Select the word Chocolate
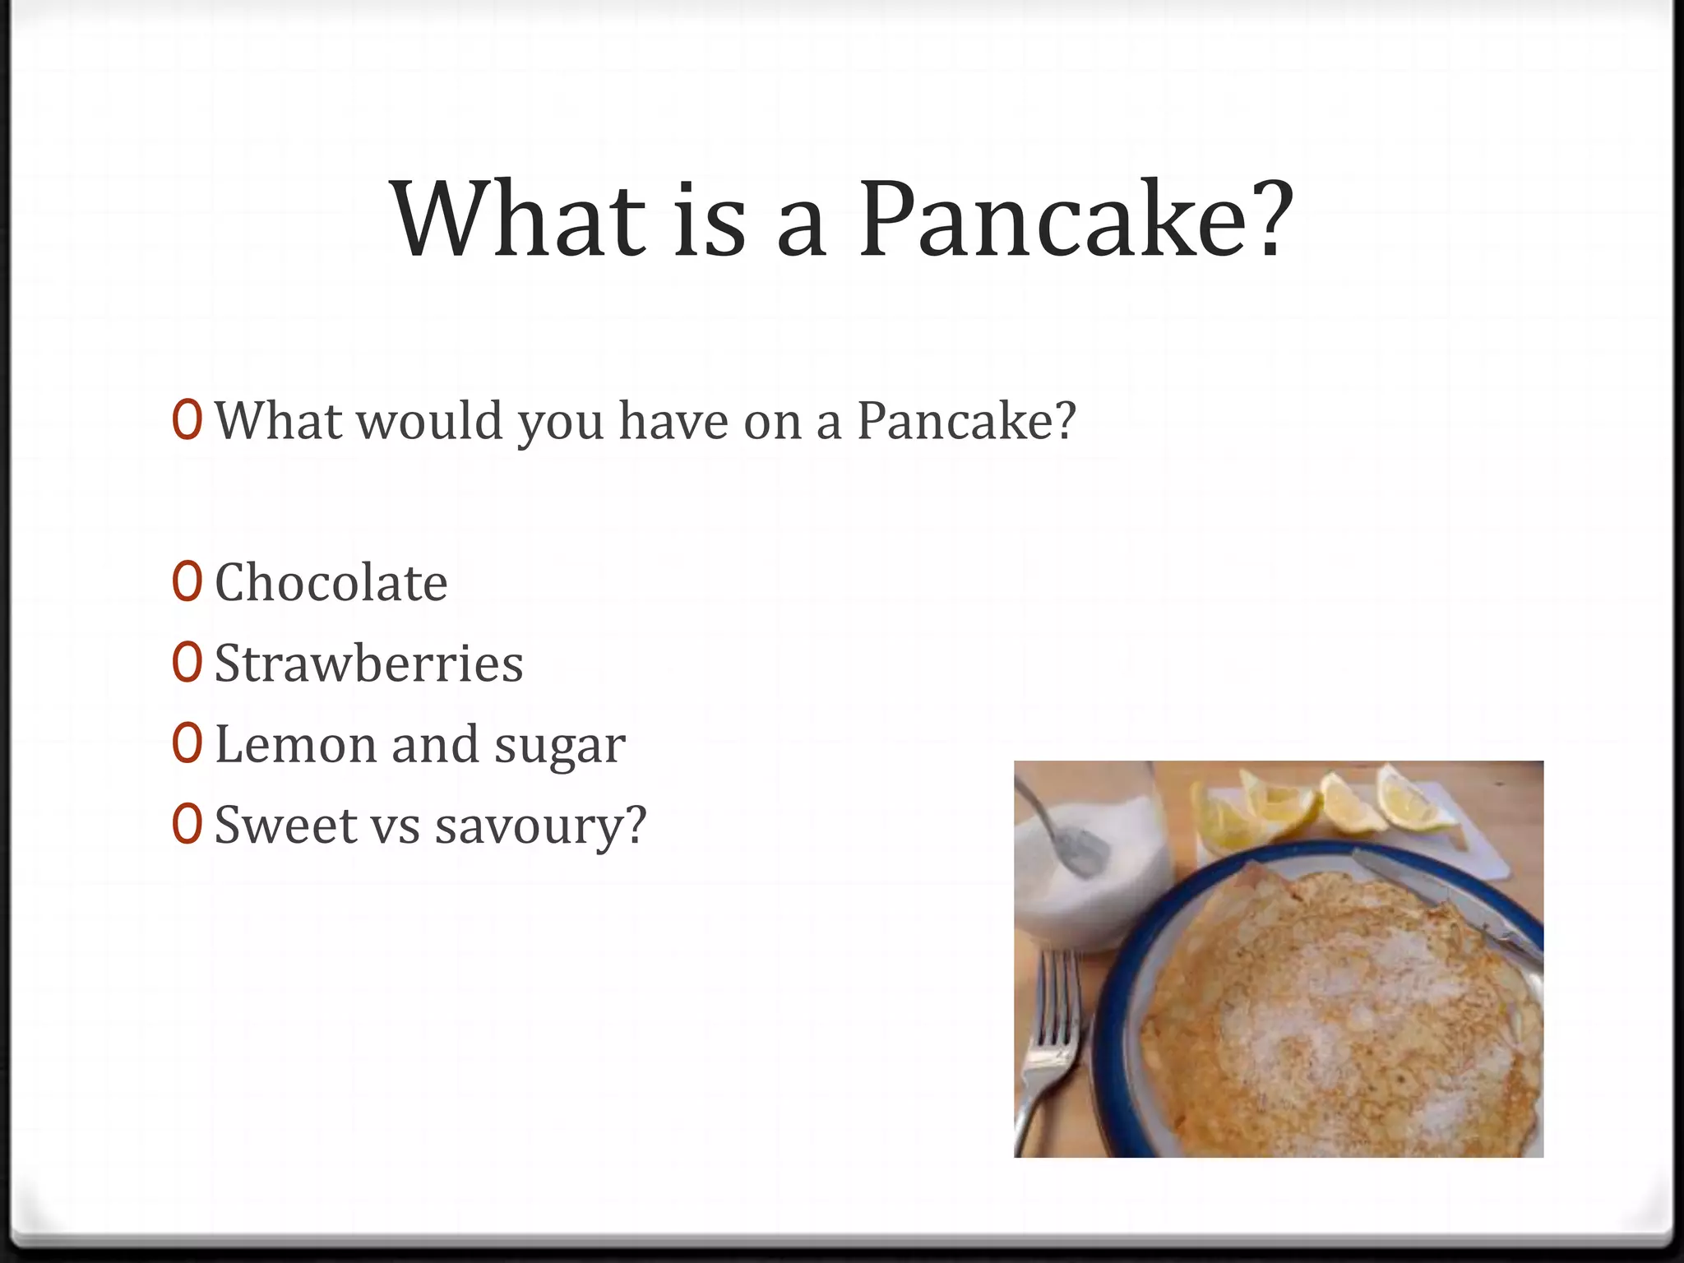331,583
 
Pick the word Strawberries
368,664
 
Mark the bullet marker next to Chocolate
187,582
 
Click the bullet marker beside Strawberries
187,663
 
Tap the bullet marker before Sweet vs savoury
187,824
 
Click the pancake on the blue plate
1340,1011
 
